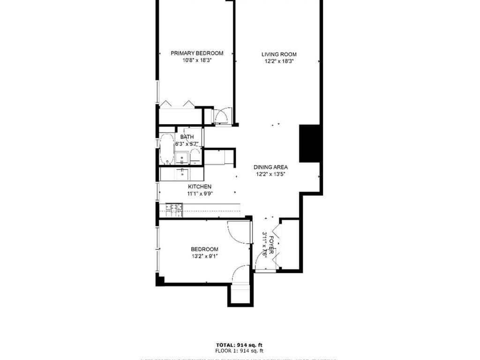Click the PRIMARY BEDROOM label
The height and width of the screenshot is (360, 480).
(196, 53)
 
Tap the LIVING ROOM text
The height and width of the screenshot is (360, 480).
(279, 54)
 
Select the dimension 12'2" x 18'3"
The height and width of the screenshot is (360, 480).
(279, 61)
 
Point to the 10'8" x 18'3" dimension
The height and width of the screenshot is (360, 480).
(196, 60)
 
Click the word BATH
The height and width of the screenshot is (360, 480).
(187, 137)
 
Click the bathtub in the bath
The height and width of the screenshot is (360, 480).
(166, 149)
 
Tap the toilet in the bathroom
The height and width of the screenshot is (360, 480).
(195, 157)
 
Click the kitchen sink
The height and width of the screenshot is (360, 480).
(181, 174)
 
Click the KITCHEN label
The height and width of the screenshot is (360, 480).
(200, 187)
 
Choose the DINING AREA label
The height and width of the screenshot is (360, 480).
(270, 167)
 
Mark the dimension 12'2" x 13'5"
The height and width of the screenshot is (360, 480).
(270, 174)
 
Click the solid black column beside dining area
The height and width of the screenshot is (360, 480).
(309, 143)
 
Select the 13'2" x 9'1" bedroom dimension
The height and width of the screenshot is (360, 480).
(204, 256)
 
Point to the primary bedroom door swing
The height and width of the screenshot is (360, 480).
(222, 115)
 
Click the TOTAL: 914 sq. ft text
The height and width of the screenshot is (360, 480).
(240, 344)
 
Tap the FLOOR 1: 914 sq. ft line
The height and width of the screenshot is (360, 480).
(240, 350)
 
